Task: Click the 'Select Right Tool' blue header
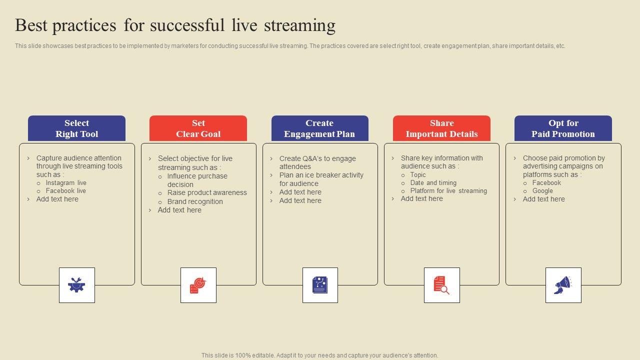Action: [x=76, y=128]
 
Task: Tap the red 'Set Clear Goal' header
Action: [x=198, y=128]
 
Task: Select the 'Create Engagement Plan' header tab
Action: [x=319, y=128]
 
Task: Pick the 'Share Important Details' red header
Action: [x=441, y=128]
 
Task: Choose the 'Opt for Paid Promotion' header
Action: [x=563, y=128]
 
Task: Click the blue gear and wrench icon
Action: [x=76, y=284]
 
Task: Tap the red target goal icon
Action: [x=198, y=285]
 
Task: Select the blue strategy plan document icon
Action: [x=320, y=285]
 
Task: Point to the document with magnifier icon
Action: [x=441, y=285]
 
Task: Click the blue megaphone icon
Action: [x=563, y=285]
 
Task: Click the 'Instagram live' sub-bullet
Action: [x=66, y=183]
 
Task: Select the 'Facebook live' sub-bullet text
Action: [x=65, y=191]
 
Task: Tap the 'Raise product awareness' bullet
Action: [x=207, y=192]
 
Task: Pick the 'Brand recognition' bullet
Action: [x=195, y=201]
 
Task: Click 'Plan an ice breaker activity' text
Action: [x=321, y=175]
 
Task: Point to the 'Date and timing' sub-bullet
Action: [x=433, y=183]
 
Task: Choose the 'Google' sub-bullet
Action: [x=542, y=191]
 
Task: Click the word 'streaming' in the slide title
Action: [x=299, y=25]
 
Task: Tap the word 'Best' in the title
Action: [x=31, y=25]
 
